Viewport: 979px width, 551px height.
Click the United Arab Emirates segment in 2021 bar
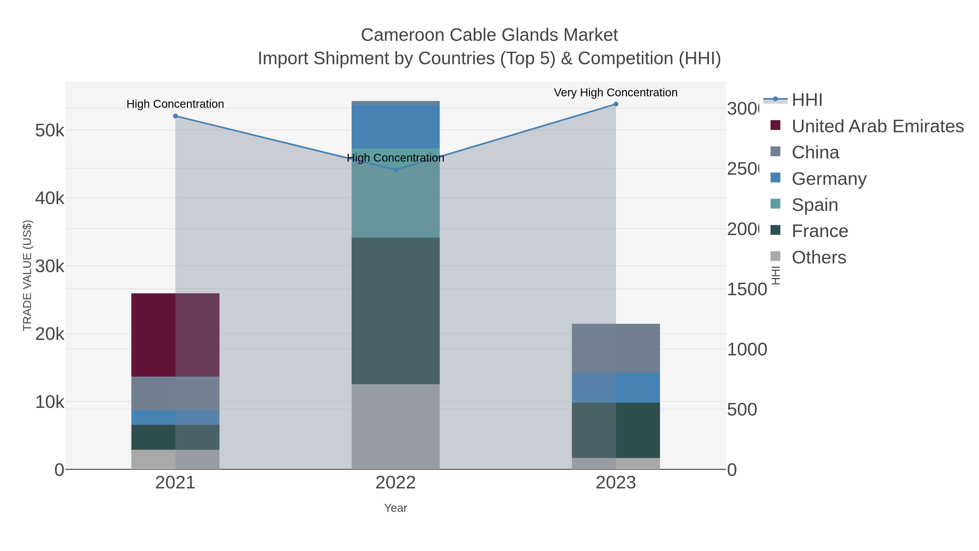[x=175, y=335]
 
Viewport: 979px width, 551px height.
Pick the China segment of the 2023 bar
[x=616, y=348]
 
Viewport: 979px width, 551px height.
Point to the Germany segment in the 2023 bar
[x=616, y=387]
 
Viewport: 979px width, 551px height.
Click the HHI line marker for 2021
[x=175, y=116]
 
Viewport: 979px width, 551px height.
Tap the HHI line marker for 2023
[x=616, y=104]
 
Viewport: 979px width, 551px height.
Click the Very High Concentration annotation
[x=615, y=93]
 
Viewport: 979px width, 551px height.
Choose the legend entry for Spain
[x=814, y=205]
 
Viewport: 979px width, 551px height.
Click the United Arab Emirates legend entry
[x=877, y=126]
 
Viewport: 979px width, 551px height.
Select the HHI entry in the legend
[x=807, y=100]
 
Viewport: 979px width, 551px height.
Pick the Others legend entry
[x=819, y=257]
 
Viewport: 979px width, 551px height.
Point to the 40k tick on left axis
[x=49, y=198]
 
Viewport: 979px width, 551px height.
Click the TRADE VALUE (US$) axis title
[x=27, y=275]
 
